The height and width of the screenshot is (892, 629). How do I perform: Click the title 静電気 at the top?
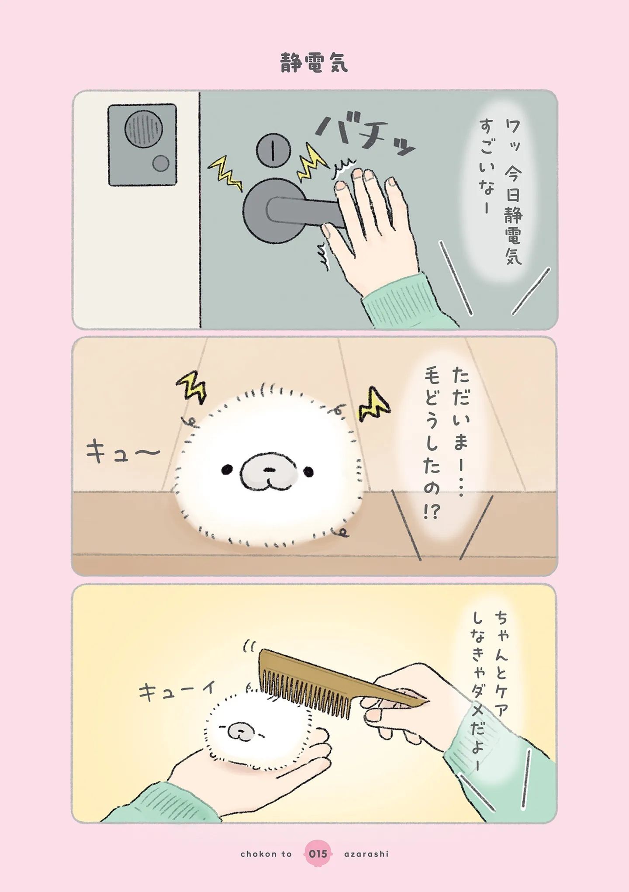point(314,63)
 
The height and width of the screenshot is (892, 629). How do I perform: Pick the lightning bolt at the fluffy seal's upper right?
point(374,405)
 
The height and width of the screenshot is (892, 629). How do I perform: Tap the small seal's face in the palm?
point(241,730)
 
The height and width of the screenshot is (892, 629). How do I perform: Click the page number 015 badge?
point(318,854)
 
